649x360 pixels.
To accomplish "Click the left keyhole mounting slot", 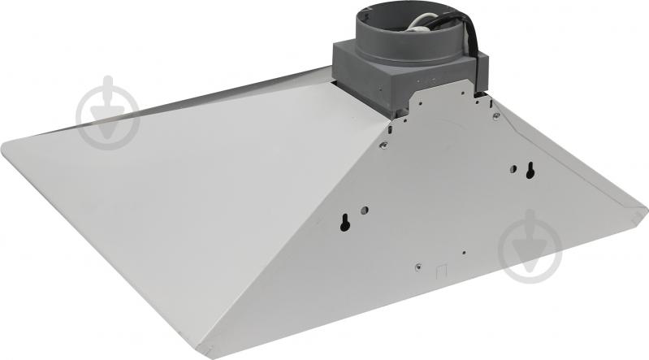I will coord(346,221).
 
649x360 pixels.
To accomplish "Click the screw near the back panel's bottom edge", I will coord(418,267).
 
